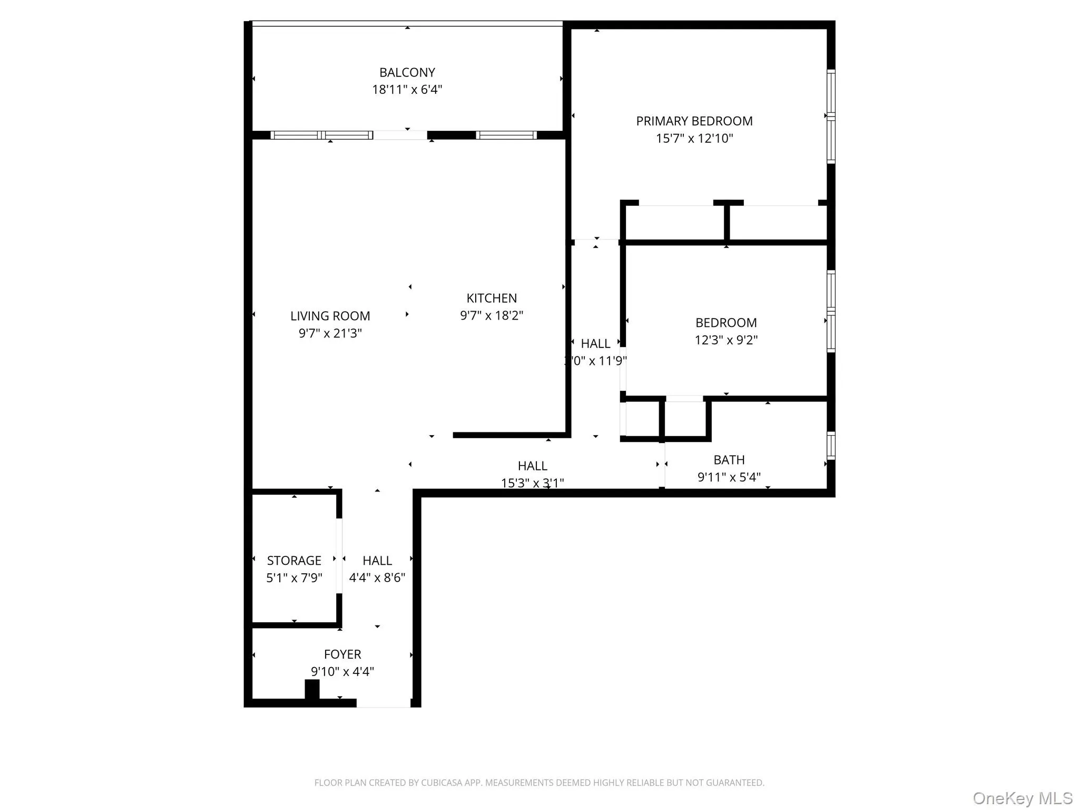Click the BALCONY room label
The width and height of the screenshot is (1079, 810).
click(407, 72)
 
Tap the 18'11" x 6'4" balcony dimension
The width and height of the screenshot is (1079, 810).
click(407, 90)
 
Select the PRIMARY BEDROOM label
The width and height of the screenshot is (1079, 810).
click(694, 121)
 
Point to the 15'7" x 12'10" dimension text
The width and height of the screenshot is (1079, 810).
click(694, 139)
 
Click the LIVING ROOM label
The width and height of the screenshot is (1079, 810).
click(330, 316)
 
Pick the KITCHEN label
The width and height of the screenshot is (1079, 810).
click(491, 298)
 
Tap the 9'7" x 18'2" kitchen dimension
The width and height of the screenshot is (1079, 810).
click(491, 315)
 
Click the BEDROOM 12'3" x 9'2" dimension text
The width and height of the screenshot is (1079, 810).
click(725, 340)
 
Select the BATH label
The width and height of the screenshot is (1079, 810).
click(729, 460)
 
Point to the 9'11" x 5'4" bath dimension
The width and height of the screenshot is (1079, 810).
click(729, 477)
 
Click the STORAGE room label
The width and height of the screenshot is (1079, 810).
click(294, 561)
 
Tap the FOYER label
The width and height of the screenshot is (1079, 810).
click(342, 654)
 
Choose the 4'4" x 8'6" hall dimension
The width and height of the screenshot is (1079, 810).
click(377, 578)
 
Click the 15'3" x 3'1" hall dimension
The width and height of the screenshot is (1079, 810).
click(532, 483)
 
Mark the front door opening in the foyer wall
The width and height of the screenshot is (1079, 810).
click(384, 703)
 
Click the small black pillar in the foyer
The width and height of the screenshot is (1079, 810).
click(312, 689)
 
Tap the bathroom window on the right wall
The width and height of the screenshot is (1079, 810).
click(831, 446)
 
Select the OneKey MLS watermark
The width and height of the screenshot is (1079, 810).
click(1022, 798)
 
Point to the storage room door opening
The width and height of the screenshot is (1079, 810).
click(339, 556)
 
